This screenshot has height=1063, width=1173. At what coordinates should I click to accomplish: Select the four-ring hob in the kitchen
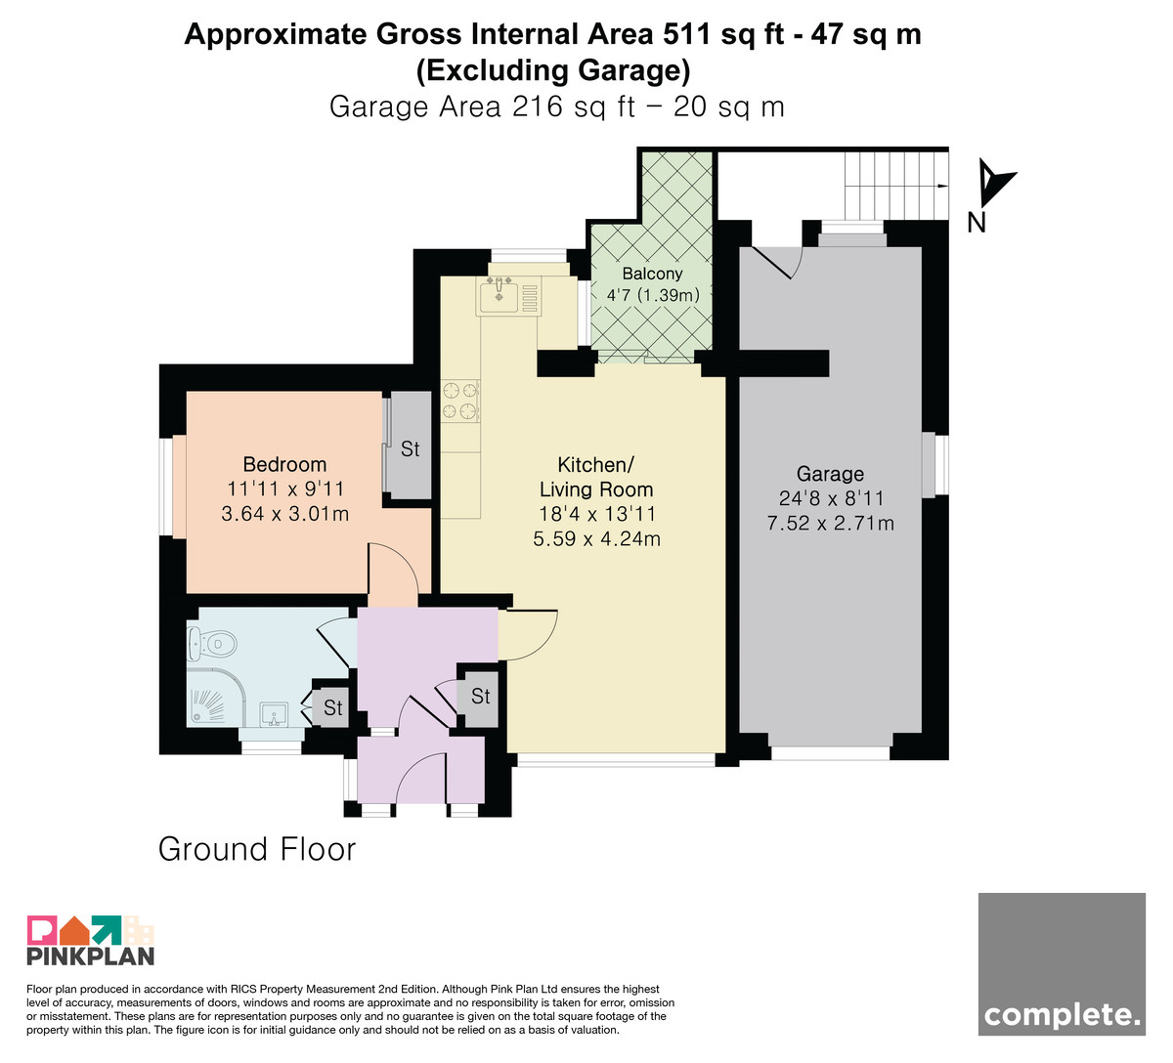pos(460,401)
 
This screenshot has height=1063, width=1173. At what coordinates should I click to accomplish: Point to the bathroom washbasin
pos(274,715)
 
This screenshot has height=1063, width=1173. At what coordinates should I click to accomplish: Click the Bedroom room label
pos(284,464)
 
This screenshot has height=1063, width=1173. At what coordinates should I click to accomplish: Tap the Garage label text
pos(830,474)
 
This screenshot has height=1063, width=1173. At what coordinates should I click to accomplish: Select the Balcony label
pos(652,274)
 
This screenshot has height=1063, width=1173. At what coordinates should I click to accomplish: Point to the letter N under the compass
pos(977,222)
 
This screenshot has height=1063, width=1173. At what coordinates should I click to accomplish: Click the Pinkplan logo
pos(91,941)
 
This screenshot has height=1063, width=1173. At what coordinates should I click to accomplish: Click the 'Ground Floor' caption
pos(257,849)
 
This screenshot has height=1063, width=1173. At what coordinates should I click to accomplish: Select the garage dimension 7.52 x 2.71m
pos(830,523)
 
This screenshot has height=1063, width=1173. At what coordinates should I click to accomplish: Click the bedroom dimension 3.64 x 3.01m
pos(285,513)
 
